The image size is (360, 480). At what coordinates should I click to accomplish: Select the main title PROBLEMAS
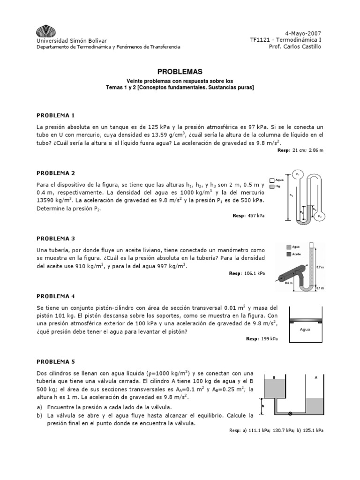(180, 72)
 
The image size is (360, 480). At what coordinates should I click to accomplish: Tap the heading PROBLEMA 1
(56, 115)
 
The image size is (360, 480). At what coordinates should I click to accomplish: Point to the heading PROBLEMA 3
(56, 239)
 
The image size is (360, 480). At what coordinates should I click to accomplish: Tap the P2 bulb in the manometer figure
(320, 216)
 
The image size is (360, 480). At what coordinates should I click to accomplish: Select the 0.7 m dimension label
(320, 267)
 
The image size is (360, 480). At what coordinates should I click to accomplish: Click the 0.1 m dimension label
(320, 288)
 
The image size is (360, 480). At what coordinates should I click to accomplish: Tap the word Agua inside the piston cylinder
(305, 329)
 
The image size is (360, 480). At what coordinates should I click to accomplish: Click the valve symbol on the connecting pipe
(290, 413)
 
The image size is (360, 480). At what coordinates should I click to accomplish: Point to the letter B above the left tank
(274, 377)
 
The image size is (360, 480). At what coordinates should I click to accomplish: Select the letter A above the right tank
(316, 377)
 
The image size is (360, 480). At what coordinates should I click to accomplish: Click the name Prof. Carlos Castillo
(299, 46)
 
